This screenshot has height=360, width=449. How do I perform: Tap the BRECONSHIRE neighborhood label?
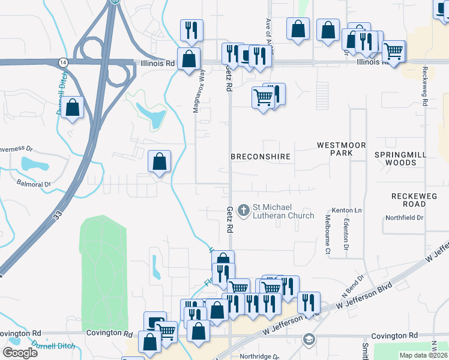click(x=261, y=157)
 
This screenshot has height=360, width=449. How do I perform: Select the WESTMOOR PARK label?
click(x=334, y=149)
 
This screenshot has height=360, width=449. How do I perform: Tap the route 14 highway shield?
click(x=63, y=62)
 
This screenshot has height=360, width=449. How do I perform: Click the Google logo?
click(x=20, y=353)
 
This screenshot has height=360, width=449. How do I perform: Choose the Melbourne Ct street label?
click(x=328, y=235)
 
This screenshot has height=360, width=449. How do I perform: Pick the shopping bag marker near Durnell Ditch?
click(x=73, y=108)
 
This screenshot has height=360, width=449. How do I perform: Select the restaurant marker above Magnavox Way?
click(x=191, y=30)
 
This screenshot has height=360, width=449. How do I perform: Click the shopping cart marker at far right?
click(x=393, y=52)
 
